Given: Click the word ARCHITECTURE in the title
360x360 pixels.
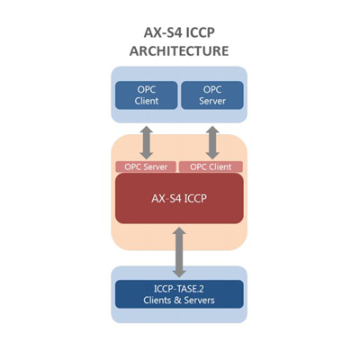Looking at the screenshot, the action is [x=179, y=50].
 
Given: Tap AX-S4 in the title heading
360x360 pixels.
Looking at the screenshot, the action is [x=163, y=32].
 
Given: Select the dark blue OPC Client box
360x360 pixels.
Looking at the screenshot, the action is [x=147, y=95].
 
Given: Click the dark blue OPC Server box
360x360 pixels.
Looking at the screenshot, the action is [x=212, y=95].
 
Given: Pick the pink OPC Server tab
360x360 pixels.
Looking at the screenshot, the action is [x=146, y=166].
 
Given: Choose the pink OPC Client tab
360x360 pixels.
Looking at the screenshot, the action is [x=211, y=166].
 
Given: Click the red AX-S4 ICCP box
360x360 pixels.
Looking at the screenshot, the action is [x=179, y=198].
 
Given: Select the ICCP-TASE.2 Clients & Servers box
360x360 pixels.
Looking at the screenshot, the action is [x=179, y=294].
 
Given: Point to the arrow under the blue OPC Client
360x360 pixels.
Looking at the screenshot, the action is [x=147, y=142].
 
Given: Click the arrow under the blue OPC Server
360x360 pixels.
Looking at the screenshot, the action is [x=212, y=142].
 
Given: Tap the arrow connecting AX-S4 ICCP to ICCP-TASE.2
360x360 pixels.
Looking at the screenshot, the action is [x=179, y=252].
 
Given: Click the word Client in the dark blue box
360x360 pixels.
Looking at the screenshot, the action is [x=147, y=101].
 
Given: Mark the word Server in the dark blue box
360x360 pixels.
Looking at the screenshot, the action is [x=212, y=101].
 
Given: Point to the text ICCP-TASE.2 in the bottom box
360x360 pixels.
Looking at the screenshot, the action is [x=179, y=289].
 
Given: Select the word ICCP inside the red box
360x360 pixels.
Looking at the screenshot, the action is [x=195, y=198].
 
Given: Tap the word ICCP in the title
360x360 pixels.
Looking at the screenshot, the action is [x=201, y=32].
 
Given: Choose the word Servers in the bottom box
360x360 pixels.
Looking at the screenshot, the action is [x=200, y=301].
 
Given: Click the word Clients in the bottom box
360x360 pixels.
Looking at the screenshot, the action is [x=158, y=301].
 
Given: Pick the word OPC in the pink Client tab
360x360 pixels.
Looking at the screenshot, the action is [x=197, y=166].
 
